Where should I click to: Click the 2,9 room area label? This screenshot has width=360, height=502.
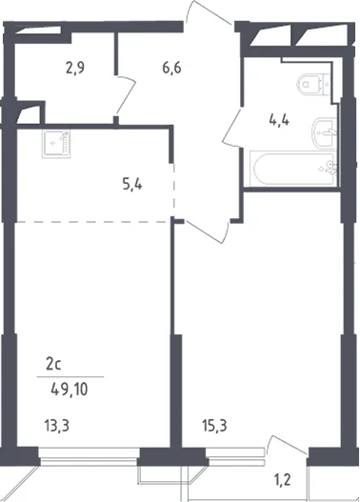click(75, 69)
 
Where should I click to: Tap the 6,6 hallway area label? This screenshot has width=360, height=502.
click(171, 69)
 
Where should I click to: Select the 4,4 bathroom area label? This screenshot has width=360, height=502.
click(279, 121)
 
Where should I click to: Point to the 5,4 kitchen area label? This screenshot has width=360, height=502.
click(132, 185)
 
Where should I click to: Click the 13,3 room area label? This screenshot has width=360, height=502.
click(56, 426)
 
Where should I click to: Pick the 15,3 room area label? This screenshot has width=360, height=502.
click(214, 426)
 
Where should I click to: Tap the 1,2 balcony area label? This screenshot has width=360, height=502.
click(282, 480)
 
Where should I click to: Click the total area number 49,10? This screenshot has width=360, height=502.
click(70, 390)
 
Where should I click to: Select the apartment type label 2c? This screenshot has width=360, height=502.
click(53, 365)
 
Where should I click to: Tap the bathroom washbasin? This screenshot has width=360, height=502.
click(324, 131)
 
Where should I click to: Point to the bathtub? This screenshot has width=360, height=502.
click(292, 169)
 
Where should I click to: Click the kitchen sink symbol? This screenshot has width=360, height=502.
click(56, 145)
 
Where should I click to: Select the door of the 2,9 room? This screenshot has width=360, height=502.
click(126, 94)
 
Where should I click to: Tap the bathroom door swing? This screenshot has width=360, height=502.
click(231, 127)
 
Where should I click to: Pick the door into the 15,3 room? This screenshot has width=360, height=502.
click(208, 231)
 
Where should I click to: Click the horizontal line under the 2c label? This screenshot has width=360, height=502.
click(70, 377)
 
